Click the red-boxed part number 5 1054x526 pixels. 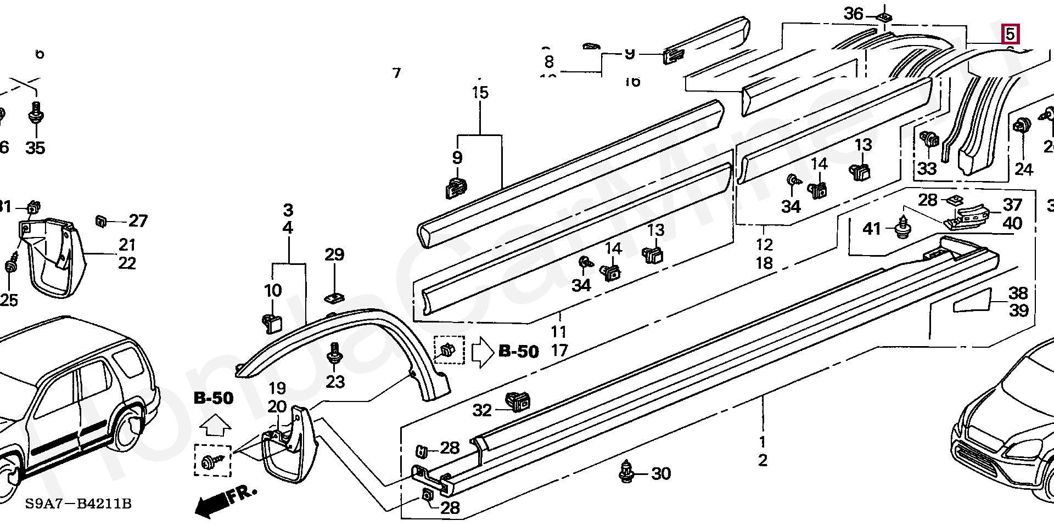click(1010, 34)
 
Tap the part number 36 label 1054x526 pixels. click(853, 13)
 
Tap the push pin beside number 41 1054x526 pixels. click(902, 229)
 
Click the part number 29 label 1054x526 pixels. click(334, 254)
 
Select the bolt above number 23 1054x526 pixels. click(334, 353)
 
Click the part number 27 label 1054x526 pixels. click(138, 220)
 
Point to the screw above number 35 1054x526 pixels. click(36, 114)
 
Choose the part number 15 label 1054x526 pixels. click(480, 92)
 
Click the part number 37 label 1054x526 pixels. click(1012, 205)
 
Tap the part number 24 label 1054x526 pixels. click(1023, 169)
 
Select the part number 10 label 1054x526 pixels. click(273, 290)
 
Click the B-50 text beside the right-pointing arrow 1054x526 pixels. click(519, 351)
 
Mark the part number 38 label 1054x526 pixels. click(1018, 293)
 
